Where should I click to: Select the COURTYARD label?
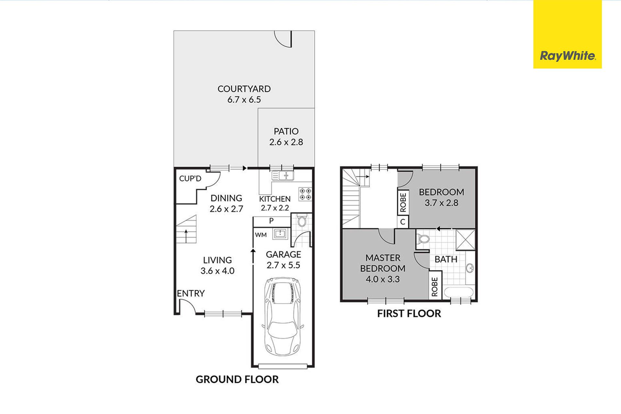(244, 89)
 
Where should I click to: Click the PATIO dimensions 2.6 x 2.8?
(286, 142)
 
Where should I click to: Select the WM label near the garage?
(261, 235)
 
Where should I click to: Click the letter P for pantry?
(271, 221)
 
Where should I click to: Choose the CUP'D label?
(190, 179)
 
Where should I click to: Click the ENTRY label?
(191, 293)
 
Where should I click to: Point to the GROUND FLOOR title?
(237, 379)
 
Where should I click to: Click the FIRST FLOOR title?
(409, 313)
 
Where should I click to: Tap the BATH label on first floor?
(446, 259)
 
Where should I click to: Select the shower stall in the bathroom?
(465, 240)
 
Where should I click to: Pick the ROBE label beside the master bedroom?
(435, 287)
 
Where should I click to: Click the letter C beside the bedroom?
(403, 222)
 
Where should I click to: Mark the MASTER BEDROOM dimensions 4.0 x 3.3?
(383, 279)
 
